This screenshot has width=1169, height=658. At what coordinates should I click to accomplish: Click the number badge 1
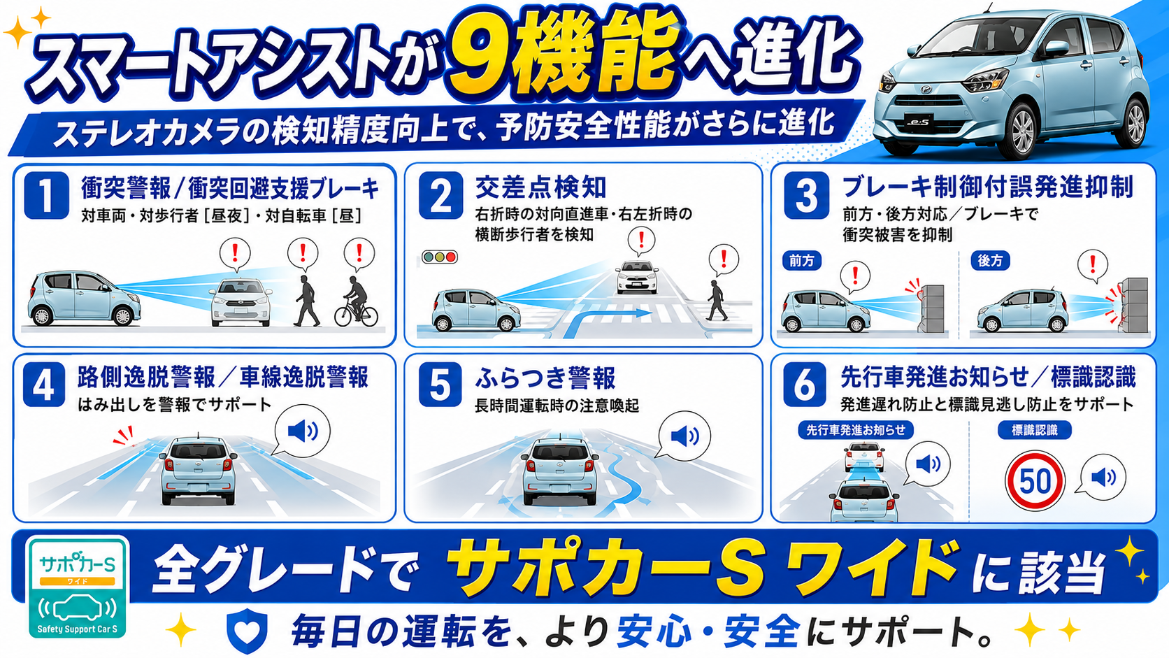point(46,195)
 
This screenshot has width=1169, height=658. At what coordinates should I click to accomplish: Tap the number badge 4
point(44,385)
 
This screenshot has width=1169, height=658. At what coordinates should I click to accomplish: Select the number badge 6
point(805,385)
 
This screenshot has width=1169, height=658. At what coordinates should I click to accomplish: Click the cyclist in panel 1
point(356,301)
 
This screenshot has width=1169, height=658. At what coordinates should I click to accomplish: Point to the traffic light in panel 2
point(439,257)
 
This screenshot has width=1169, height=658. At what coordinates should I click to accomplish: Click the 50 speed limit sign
point(1034,480)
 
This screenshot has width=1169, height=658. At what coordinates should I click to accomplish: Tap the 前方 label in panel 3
point(802,260)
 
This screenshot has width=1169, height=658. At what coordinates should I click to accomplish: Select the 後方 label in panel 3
point(990,260)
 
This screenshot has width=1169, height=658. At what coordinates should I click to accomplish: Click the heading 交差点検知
point(540,187)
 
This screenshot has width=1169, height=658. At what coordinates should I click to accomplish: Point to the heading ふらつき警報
point(545,378)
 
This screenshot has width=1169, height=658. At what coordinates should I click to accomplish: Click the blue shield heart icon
point(247,630)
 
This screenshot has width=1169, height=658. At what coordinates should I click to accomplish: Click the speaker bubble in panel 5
point(683,437)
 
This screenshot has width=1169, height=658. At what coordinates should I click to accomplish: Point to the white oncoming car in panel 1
point(241,302)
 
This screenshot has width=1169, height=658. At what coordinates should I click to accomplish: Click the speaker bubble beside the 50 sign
point(1102,477)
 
